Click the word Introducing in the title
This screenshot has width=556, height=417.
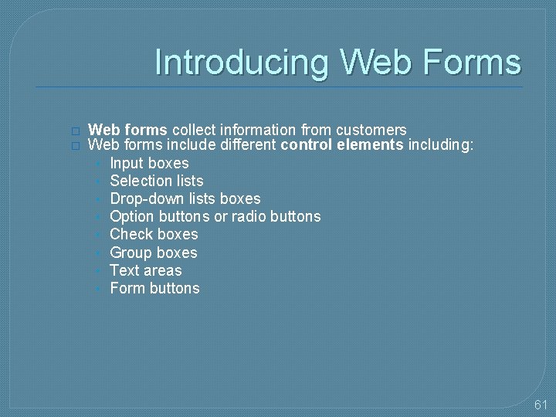click(242, 63)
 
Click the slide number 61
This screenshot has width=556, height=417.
click(540, 405)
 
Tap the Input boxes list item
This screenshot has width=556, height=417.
click(149, 163)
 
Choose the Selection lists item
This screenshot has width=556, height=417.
click(157, 181)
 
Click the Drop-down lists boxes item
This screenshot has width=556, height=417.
click(185, 198)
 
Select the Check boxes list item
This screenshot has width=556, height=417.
click(154, 234)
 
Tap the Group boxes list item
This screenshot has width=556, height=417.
click(154, 253)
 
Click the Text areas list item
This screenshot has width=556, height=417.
click(146, 270)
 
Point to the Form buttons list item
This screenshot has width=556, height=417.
click(154, 288)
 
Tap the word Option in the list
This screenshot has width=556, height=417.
click(131, 216)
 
